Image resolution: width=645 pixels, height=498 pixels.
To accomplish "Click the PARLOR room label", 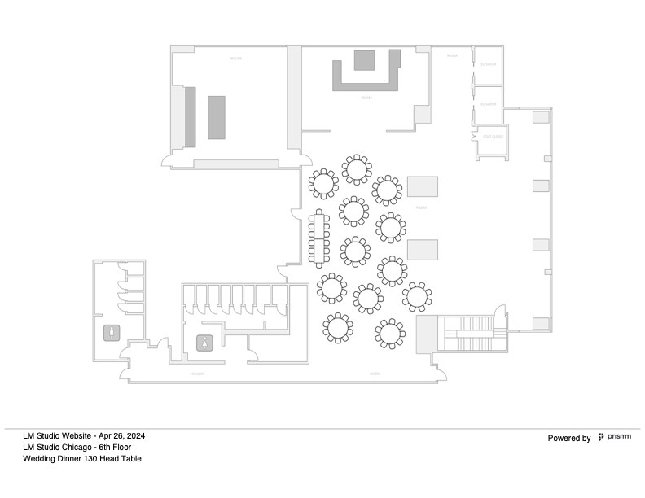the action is [235, 59].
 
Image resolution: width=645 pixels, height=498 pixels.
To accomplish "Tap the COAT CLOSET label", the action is [491, 137].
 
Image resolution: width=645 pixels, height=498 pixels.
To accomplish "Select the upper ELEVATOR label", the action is [489, 63].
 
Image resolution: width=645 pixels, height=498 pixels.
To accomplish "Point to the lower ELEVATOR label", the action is [489, 103].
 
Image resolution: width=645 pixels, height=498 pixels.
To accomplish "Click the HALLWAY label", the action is [196, 373].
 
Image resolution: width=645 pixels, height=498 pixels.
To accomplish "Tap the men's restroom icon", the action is [110, 332].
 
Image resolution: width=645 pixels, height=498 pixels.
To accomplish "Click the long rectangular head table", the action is [318, 238].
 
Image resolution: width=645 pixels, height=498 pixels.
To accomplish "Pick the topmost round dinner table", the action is [356, 169].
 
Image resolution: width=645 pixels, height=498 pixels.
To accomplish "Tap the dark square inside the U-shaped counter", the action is [364, 61].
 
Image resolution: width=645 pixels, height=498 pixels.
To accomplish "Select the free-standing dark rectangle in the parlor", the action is [216, 117].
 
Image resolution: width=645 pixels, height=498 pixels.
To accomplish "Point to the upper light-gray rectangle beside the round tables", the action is [423, 186].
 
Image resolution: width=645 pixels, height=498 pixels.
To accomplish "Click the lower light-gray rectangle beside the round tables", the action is [423, 249].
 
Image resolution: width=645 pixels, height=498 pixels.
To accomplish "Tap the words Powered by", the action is [569, 439].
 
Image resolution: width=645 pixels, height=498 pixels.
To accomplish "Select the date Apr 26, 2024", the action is [121, 435].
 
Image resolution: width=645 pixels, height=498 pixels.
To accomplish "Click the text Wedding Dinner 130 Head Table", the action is [82, 458].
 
